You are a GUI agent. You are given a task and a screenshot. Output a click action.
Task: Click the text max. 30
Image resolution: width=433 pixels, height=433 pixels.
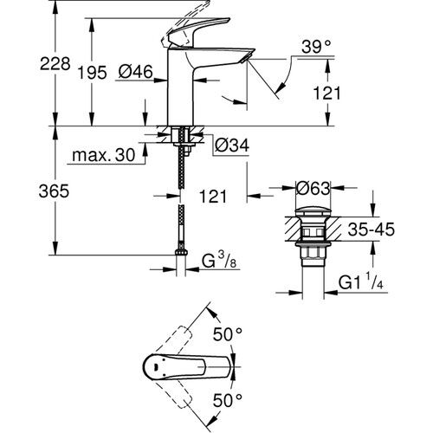point(104,155)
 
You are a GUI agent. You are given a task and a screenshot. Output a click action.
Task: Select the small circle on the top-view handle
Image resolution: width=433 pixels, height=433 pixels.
point(158,366)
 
